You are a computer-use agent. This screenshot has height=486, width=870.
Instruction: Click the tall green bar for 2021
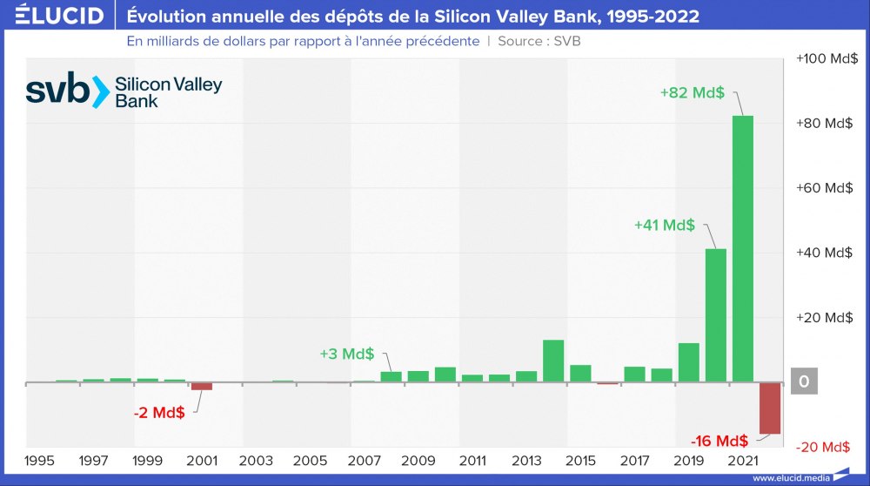(x=742, y=248)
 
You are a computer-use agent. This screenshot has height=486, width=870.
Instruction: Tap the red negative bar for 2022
(x=770, y=408)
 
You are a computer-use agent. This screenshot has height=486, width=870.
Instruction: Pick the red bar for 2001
(x=202, y=386)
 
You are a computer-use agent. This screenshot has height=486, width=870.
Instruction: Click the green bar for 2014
(x=553, y=361)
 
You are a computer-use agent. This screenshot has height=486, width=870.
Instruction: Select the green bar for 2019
(x=688, y=362)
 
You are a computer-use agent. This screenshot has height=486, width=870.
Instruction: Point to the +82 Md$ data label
(x=693, y=93)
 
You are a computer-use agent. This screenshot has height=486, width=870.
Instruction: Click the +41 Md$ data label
(x=665, y=225)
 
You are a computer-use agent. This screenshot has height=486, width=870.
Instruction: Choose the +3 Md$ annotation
(x=346, y=354)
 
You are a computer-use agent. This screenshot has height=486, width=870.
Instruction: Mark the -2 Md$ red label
(x=159, y=413)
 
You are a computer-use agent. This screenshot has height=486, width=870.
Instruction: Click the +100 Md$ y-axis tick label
(x=826, y=58)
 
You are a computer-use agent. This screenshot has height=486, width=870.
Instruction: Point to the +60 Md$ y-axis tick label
(x=826, y=188)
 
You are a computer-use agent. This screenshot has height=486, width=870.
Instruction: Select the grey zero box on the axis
(x=804, y=381)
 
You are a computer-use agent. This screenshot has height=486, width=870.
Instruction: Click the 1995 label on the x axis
(x=39, y=460)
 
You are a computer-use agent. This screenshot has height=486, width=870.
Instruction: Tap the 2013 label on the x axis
(x=526, y=460)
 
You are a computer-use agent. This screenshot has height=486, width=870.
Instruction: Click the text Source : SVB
(x=539, y=41)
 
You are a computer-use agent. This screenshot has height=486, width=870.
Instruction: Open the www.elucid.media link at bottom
(x=791, y=478)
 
